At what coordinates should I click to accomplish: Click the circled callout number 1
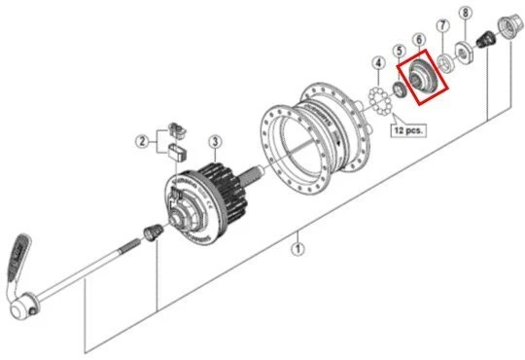point(298,248)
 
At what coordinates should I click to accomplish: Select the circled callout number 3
point(214,141)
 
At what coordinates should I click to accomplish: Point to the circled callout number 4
point(377,64)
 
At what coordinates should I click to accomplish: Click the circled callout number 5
point(398,51)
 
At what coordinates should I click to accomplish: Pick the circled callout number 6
point(419,40)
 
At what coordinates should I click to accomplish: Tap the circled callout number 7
point(442,25)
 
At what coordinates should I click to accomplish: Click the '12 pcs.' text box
point(409,127)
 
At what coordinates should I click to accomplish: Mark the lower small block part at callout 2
point(176,151)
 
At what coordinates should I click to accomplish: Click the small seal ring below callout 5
point(399,91)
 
